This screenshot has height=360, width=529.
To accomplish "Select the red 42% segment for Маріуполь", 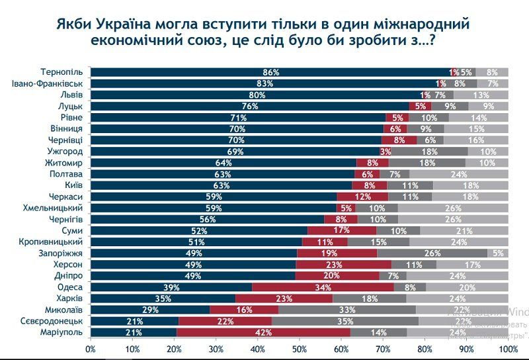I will point(262,332).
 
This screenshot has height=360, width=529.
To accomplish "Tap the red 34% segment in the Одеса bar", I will point(323,287).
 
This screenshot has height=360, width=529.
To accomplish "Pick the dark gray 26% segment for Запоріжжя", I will point(432,253).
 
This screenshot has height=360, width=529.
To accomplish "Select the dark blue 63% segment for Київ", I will point(222,186).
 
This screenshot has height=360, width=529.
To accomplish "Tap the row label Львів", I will point(71,95).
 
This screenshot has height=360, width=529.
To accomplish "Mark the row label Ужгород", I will point(65,152).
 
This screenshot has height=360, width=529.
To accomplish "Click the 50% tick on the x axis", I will point(300,348).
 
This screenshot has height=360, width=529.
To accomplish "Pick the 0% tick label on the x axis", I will point(91,348).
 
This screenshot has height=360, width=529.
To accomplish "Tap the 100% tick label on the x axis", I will point(507,348).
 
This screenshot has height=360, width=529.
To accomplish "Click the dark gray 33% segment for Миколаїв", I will point(347,310).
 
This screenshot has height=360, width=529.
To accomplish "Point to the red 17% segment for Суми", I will point(343,231).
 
